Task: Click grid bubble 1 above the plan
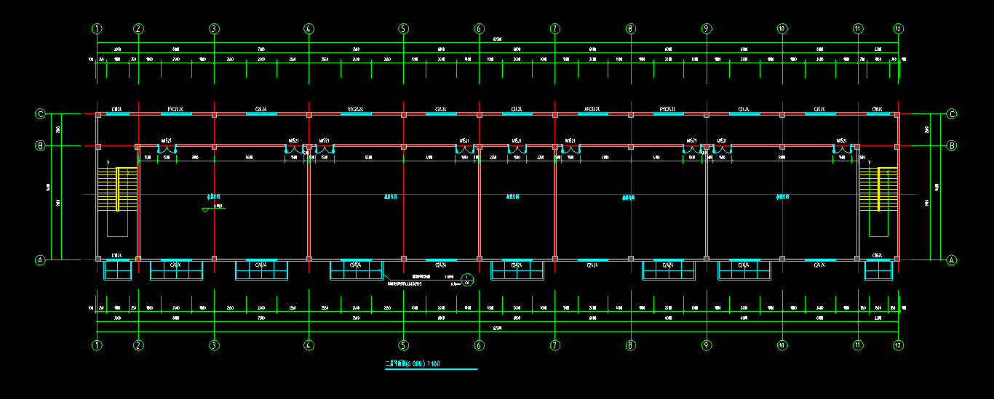point(97,29)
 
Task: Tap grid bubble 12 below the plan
point(899,345)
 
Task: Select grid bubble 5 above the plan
point(403,29)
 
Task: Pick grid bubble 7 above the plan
point(555,29)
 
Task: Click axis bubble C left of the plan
point(41,114)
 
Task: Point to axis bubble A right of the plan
point(951,259)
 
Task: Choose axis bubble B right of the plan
point(951,145)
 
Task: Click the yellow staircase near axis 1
point(117,189)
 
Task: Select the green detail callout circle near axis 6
point(468,279)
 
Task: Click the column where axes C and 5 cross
point(404,114)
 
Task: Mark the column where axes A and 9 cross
point(706,258)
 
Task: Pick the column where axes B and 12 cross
point(897,146)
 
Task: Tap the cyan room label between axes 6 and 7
point(513,196)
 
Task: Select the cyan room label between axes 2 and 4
point(214,196)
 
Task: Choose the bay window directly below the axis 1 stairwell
point(117,270)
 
